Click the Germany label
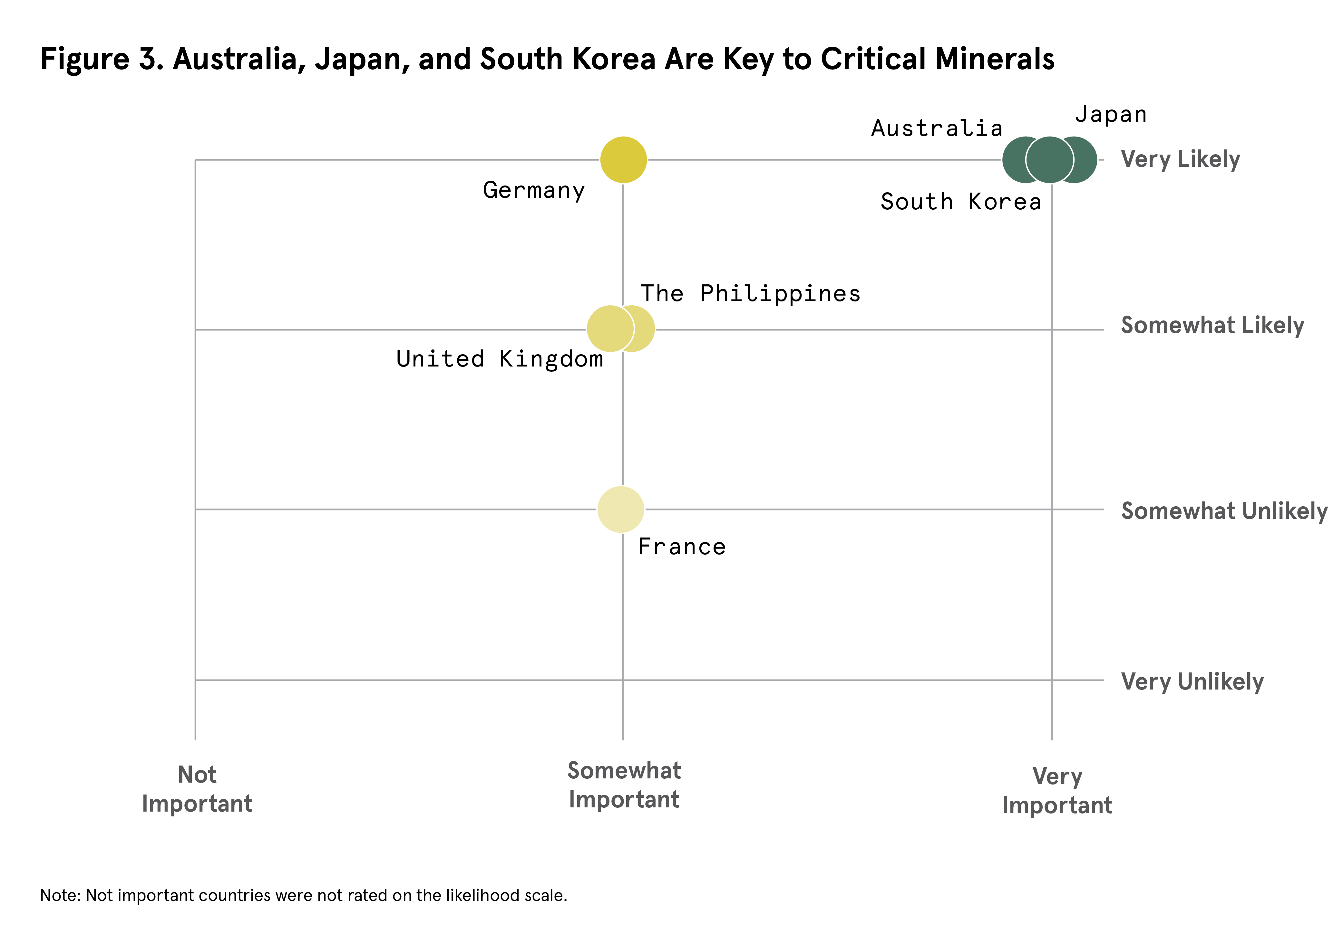click(534, 191)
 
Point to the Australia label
click(937, 129)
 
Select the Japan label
click(1110, 114)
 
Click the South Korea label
click(961, 202)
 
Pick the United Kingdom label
click(500, 359)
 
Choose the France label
click(681, 547)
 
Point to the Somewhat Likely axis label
click(1212, 325)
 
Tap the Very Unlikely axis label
click(1192, 682)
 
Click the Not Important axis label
click(197, 789)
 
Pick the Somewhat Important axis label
click(624, 785)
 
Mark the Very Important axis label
click(1057, 790)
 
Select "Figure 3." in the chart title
click(102, 59)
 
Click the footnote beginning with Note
click(303, 895)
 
